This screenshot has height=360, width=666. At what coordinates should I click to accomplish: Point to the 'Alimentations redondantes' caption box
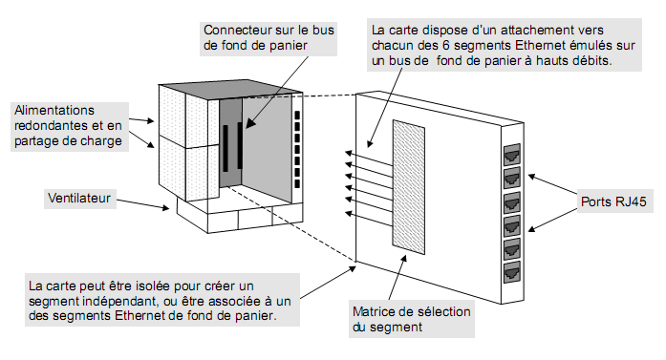68,124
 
